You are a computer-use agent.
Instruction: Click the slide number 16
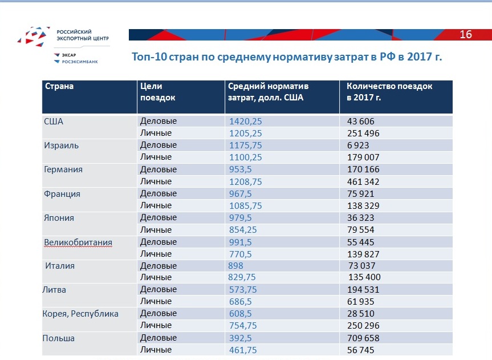click(465, 35)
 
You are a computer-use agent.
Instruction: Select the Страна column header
click(59, 87)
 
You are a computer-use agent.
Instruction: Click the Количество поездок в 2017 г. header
click(389, 92)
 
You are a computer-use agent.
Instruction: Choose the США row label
click(54, 121)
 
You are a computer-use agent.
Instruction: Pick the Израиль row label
click(61, 145)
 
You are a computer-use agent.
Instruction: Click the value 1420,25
click(245, 121)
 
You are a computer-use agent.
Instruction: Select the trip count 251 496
click(363, 134)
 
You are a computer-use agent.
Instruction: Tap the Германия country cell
click(63, 169)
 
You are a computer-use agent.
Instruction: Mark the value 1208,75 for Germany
click(245, 181)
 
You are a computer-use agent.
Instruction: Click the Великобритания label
click(78, 242)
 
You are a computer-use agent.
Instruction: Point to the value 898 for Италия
click(236, 266)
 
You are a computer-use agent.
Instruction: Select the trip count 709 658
click(363, 338)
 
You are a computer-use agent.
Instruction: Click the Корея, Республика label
click(80, 314)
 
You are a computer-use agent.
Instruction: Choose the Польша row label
click(58, 338)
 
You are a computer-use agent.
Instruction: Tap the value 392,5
click(241, 338)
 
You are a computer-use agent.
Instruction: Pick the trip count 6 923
click(359, 145)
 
